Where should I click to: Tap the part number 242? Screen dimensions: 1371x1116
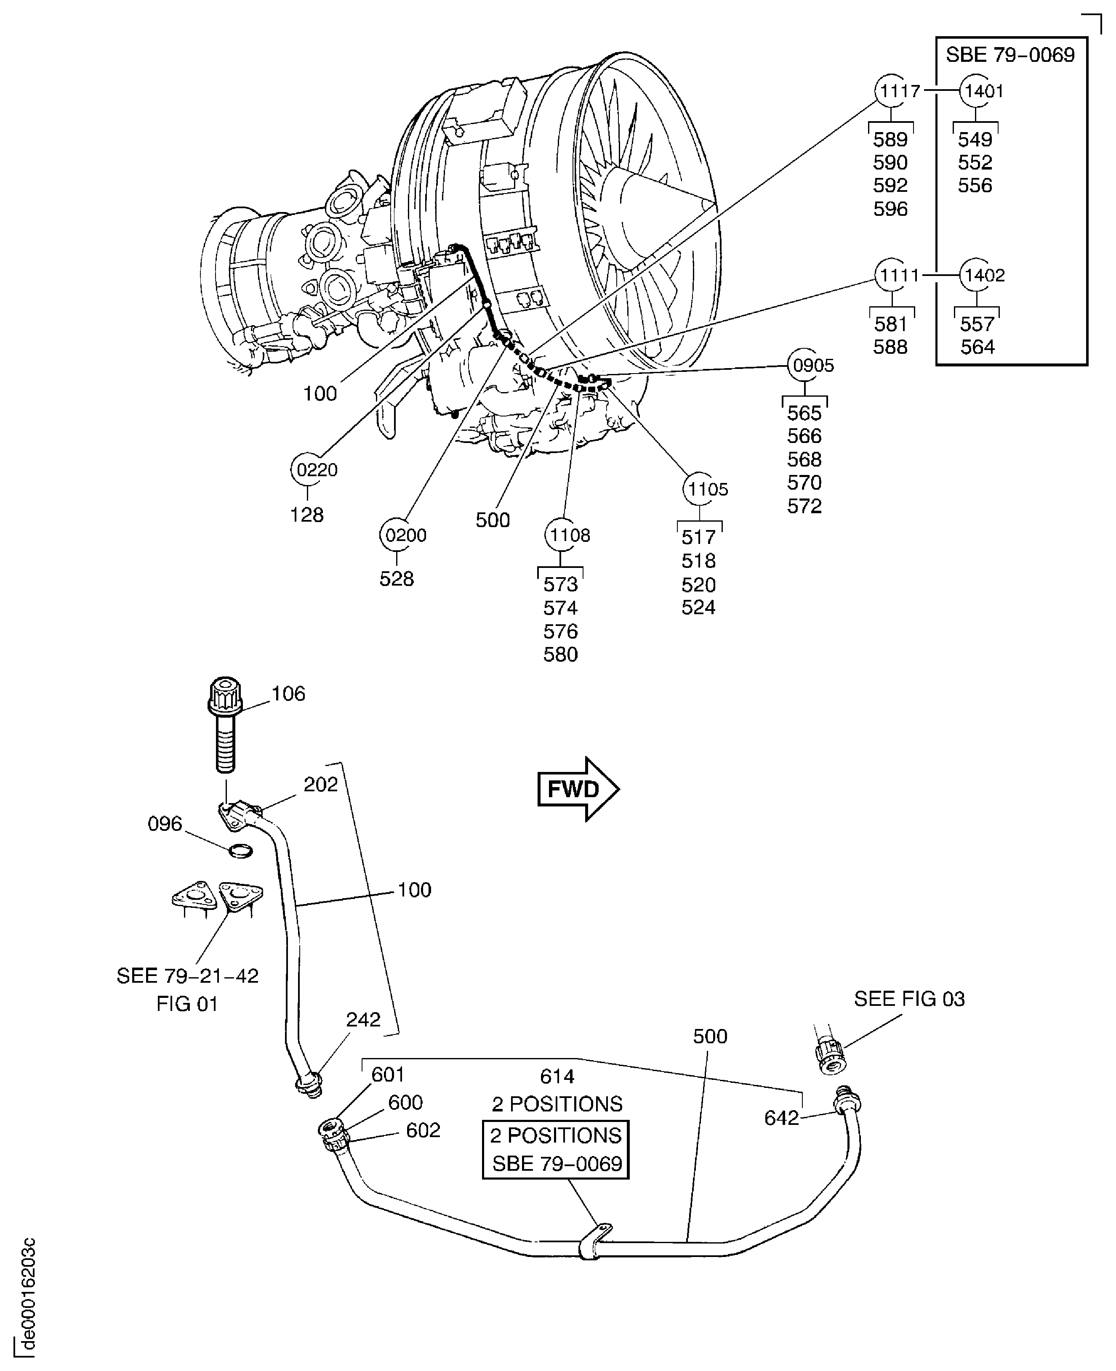pyautogui.click(x=363, y=1020)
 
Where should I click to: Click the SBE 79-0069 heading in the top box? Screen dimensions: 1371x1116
pyautogui.click(x=1010, y=55)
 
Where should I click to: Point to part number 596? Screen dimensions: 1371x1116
pyautogui.click(x=890, y=209)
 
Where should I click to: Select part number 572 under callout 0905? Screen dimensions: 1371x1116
pyautogui.click(x=804, y=506)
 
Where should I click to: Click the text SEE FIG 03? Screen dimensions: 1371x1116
pyautogui.click(x=909, y=999)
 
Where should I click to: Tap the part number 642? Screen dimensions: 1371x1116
pyautogui.click(x=781, y=1118)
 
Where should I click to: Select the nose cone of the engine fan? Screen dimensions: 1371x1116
pyautogui.click(x=662, y=206)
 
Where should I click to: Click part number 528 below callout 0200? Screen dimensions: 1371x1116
pyautogui.click(x=396, y=579)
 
